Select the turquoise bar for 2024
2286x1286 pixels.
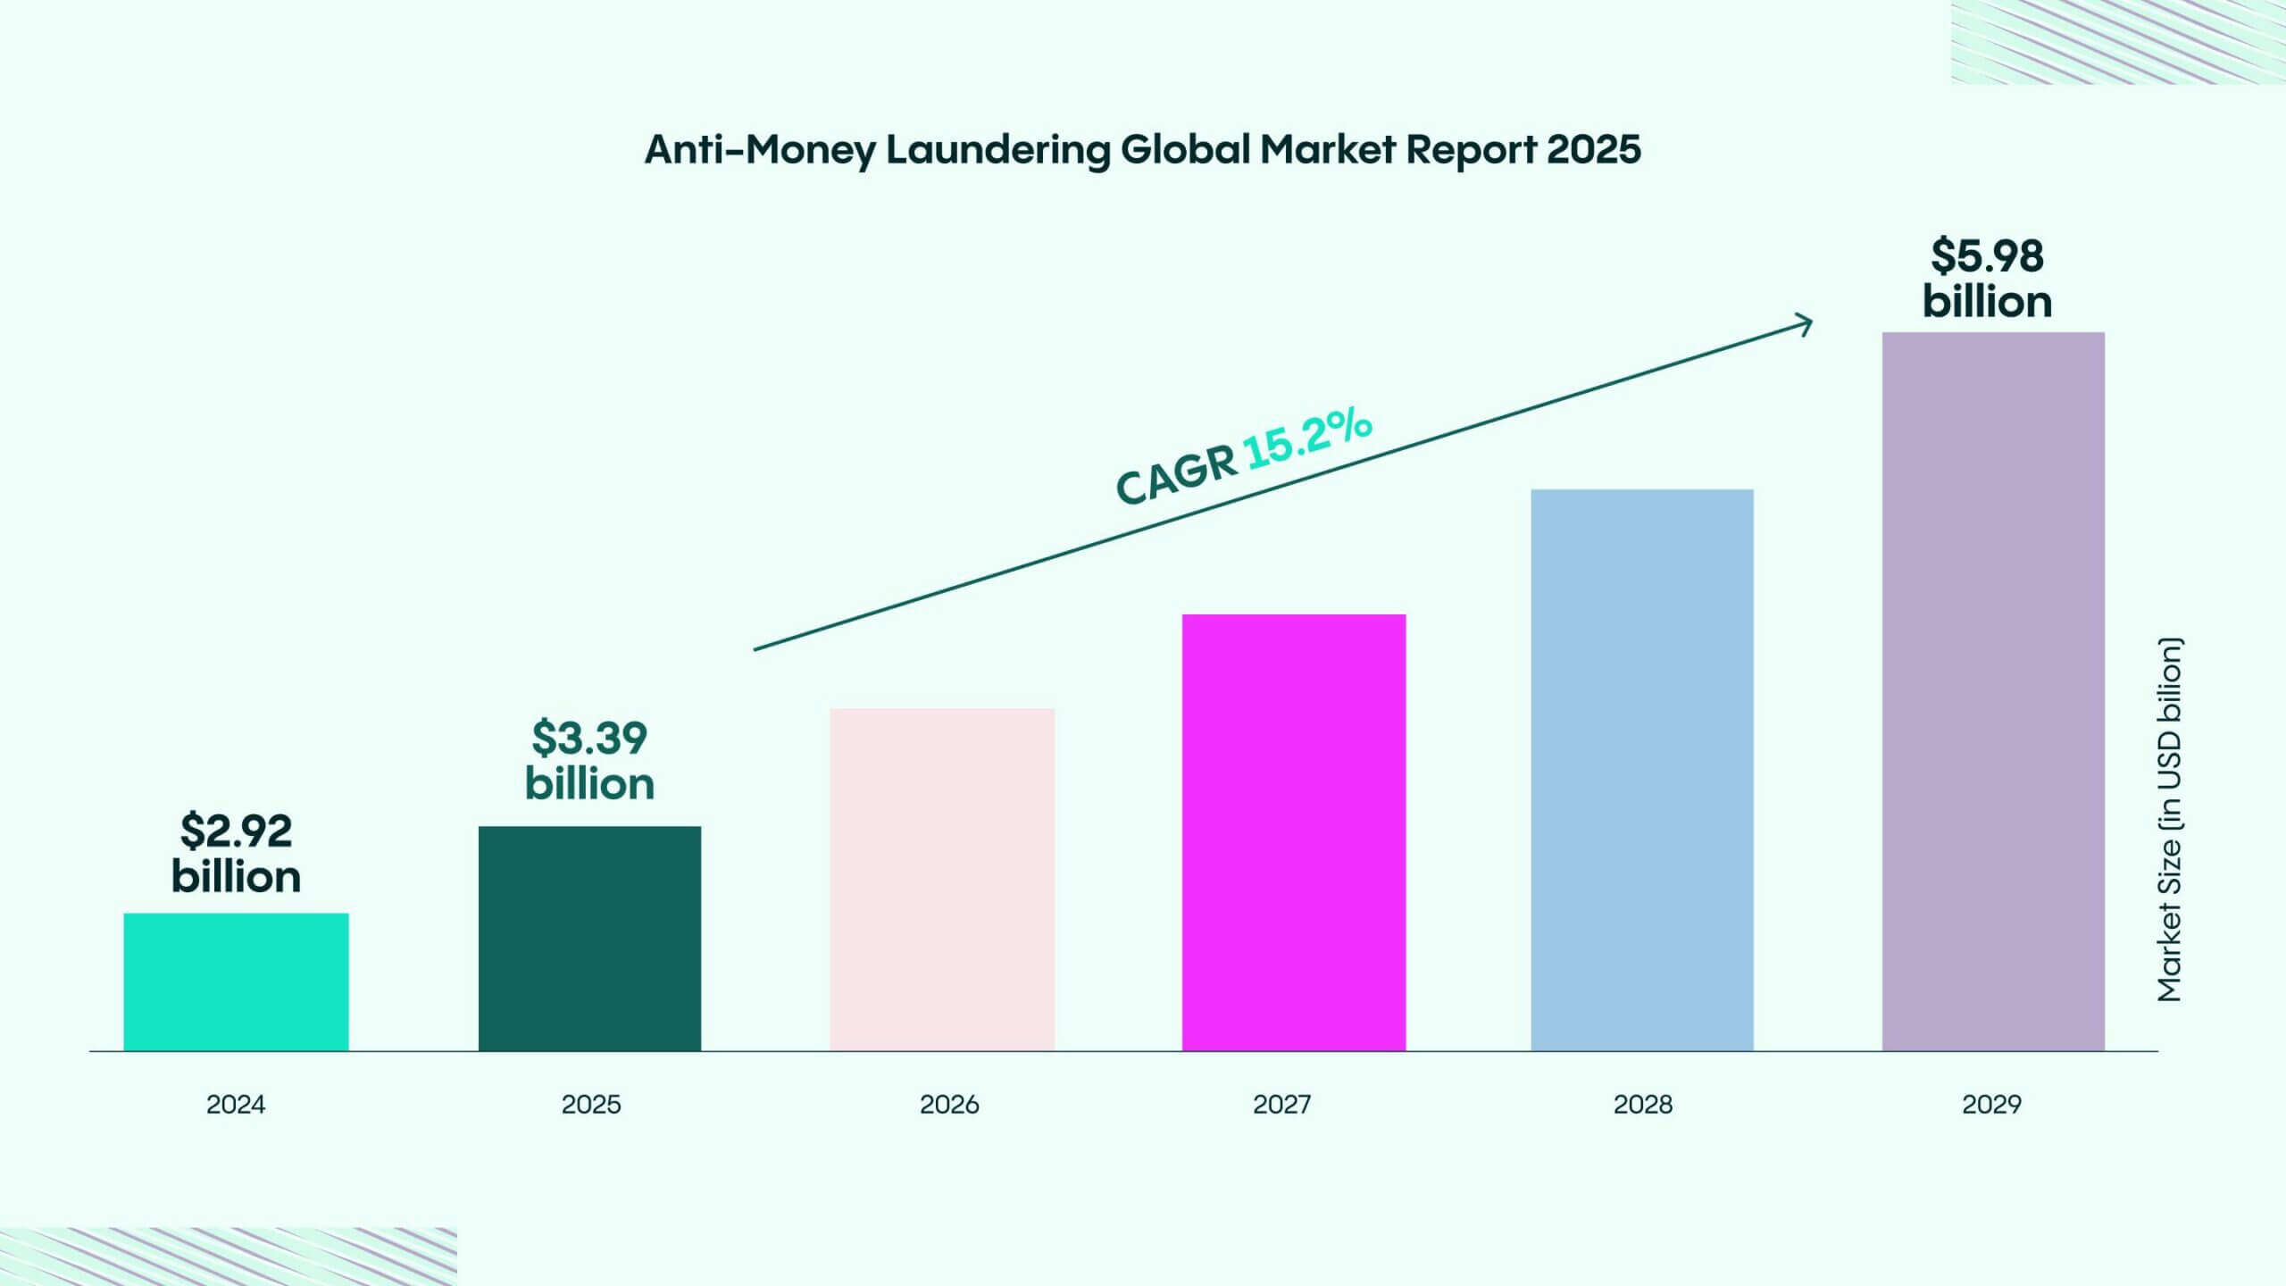[236, 981]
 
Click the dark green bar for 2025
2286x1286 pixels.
[589, 938]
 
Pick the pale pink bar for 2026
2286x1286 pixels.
[942, 880]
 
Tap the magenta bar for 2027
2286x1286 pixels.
[1294, 832]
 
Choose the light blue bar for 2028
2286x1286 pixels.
[1642, 770]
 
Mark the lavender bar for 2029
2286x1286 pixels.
[1993, 691]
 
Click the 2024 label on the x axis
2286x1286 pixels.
[236, 1105]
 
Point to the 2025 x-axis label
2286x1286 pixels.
[591, 1105]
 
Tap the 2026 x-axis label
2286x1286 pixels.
[949, 1105]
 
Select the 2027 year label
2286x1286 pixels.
[1282, 1105]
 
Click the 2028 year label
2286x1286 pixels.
[1643, 1105]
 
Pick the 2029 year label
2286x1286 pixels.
[1991, 1105]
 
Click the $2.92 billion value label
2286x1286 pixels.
[236, 854]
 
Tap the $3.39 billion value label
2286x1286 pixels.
[589, 761]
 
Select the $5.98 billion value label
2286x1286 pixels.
[1987, 279]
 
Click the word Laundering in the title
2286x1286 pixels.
[997, 149]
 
